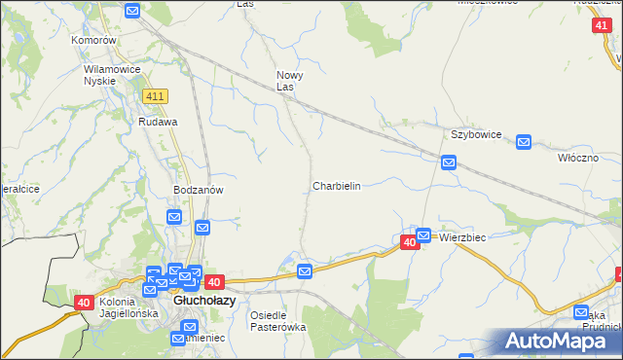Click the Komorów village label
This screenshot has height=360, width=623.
point(93,41)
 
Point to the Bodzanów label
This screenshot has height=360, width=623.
point(199,190)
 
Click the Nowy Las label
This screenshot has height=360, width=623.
point(290,81)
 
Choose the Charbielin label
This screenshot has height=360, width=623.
point(337,185)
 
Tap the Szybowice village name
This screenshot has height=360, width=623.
point(475,134)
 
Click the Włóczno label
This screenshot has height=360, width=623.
point(577,157)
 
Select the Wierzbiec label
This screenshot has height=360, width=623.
point(462,237)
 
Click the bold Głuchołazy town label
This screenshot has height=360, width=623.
point(201,302)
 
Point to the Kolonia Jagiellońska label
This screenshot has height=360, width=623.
point(128,307)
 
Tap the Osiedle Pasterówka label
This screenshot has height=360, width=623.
point(277,321)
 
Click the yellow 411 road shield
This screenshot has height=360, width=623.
point(155,96)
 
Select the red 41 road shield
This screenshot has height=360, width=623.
point(601,27)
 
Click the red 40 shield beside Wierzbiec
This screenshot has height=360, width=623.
point(410,241)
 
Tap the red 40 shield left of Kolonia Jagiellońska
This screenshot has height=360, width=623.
point(85,304)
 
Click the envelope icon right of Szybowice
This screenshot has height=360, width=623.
point(523,142)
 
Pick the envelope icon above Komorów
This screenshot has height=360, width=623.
point(133,12)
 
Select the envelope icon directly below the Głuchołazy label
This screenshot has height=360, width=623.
point(177,339)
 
